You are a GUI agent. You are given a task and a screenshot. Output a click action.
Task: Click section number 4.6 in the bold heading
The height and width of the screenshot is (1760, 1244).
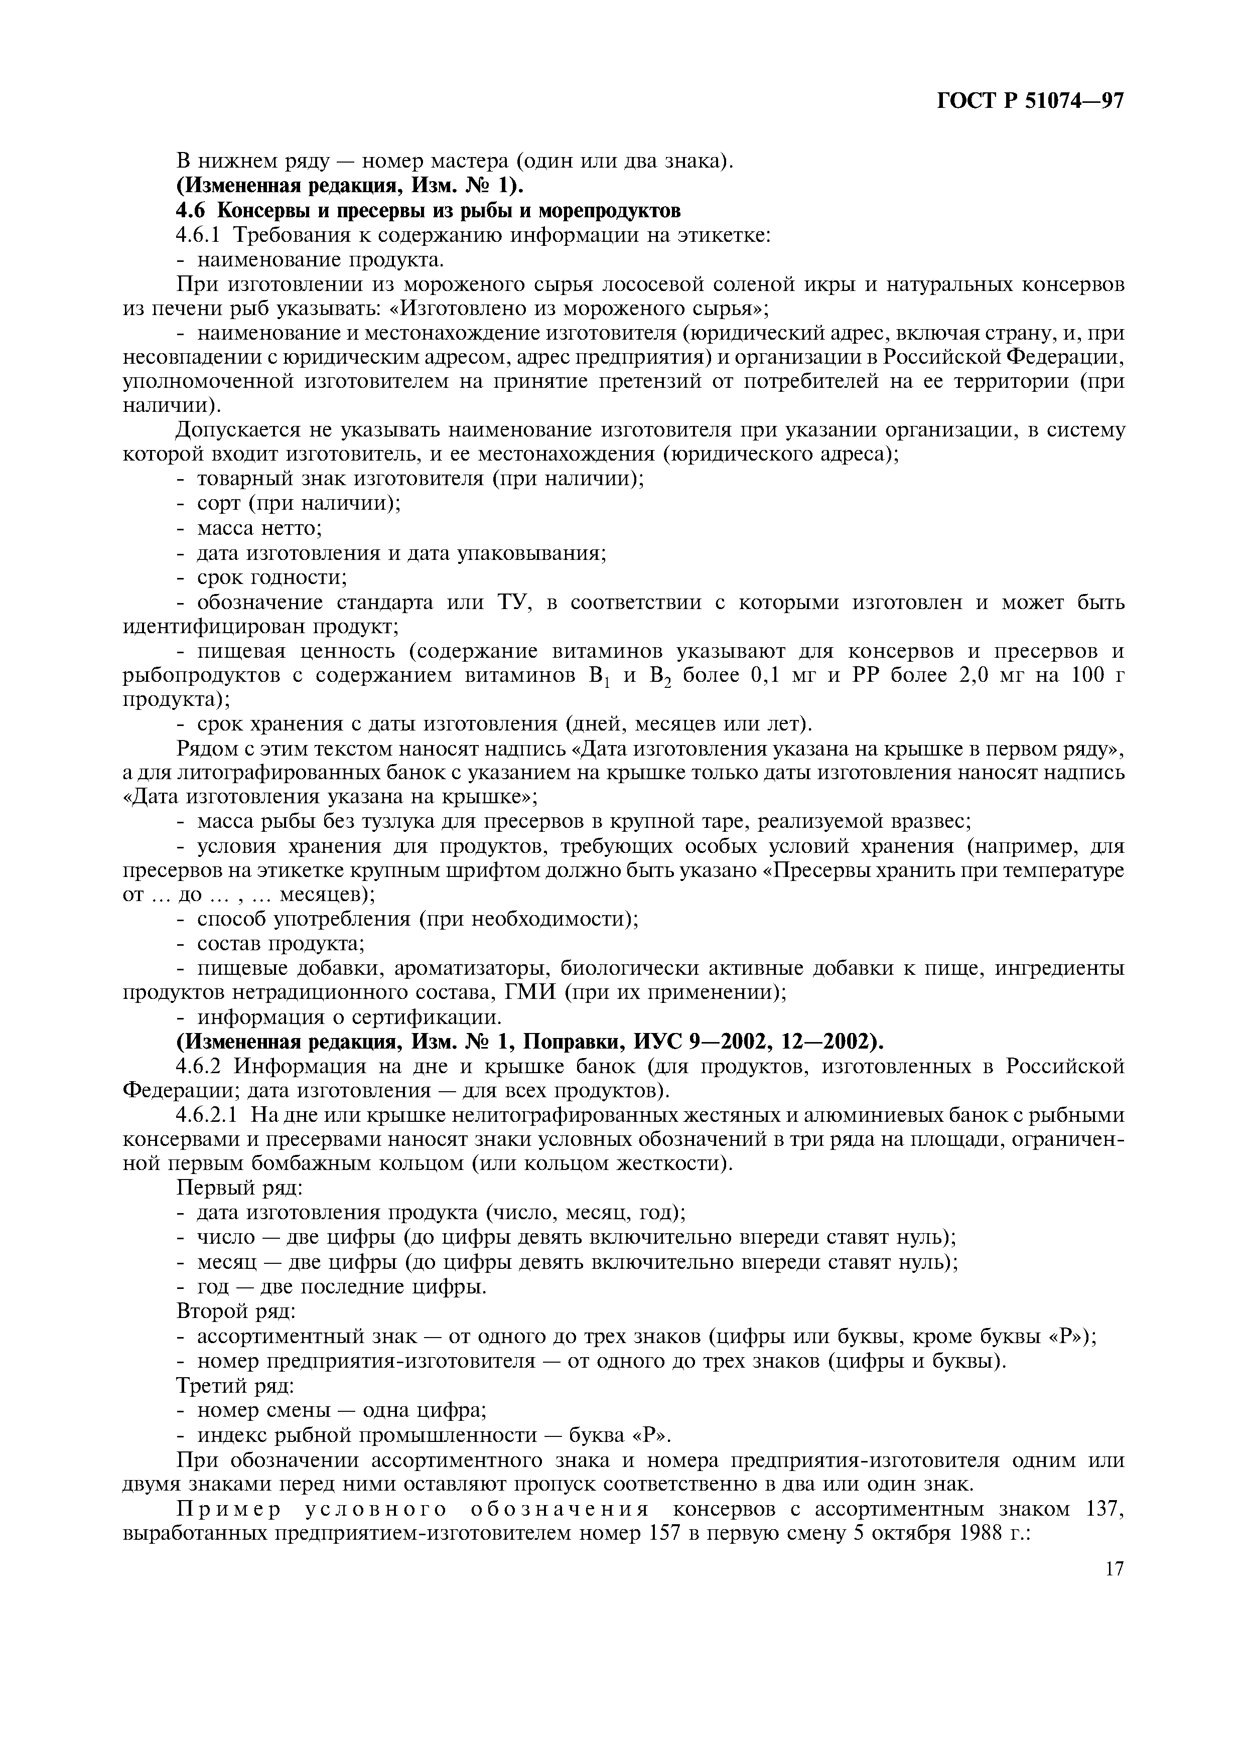[190, 210]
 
